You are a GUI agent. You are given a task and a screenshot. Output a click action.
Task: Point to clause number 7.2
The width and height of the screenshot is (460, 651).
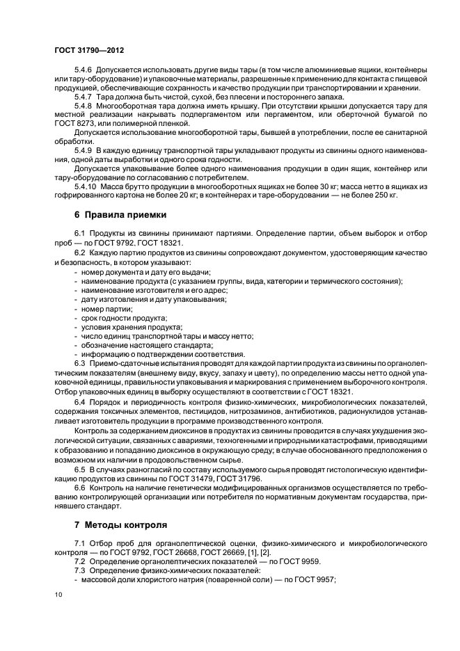click(79, 560)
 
